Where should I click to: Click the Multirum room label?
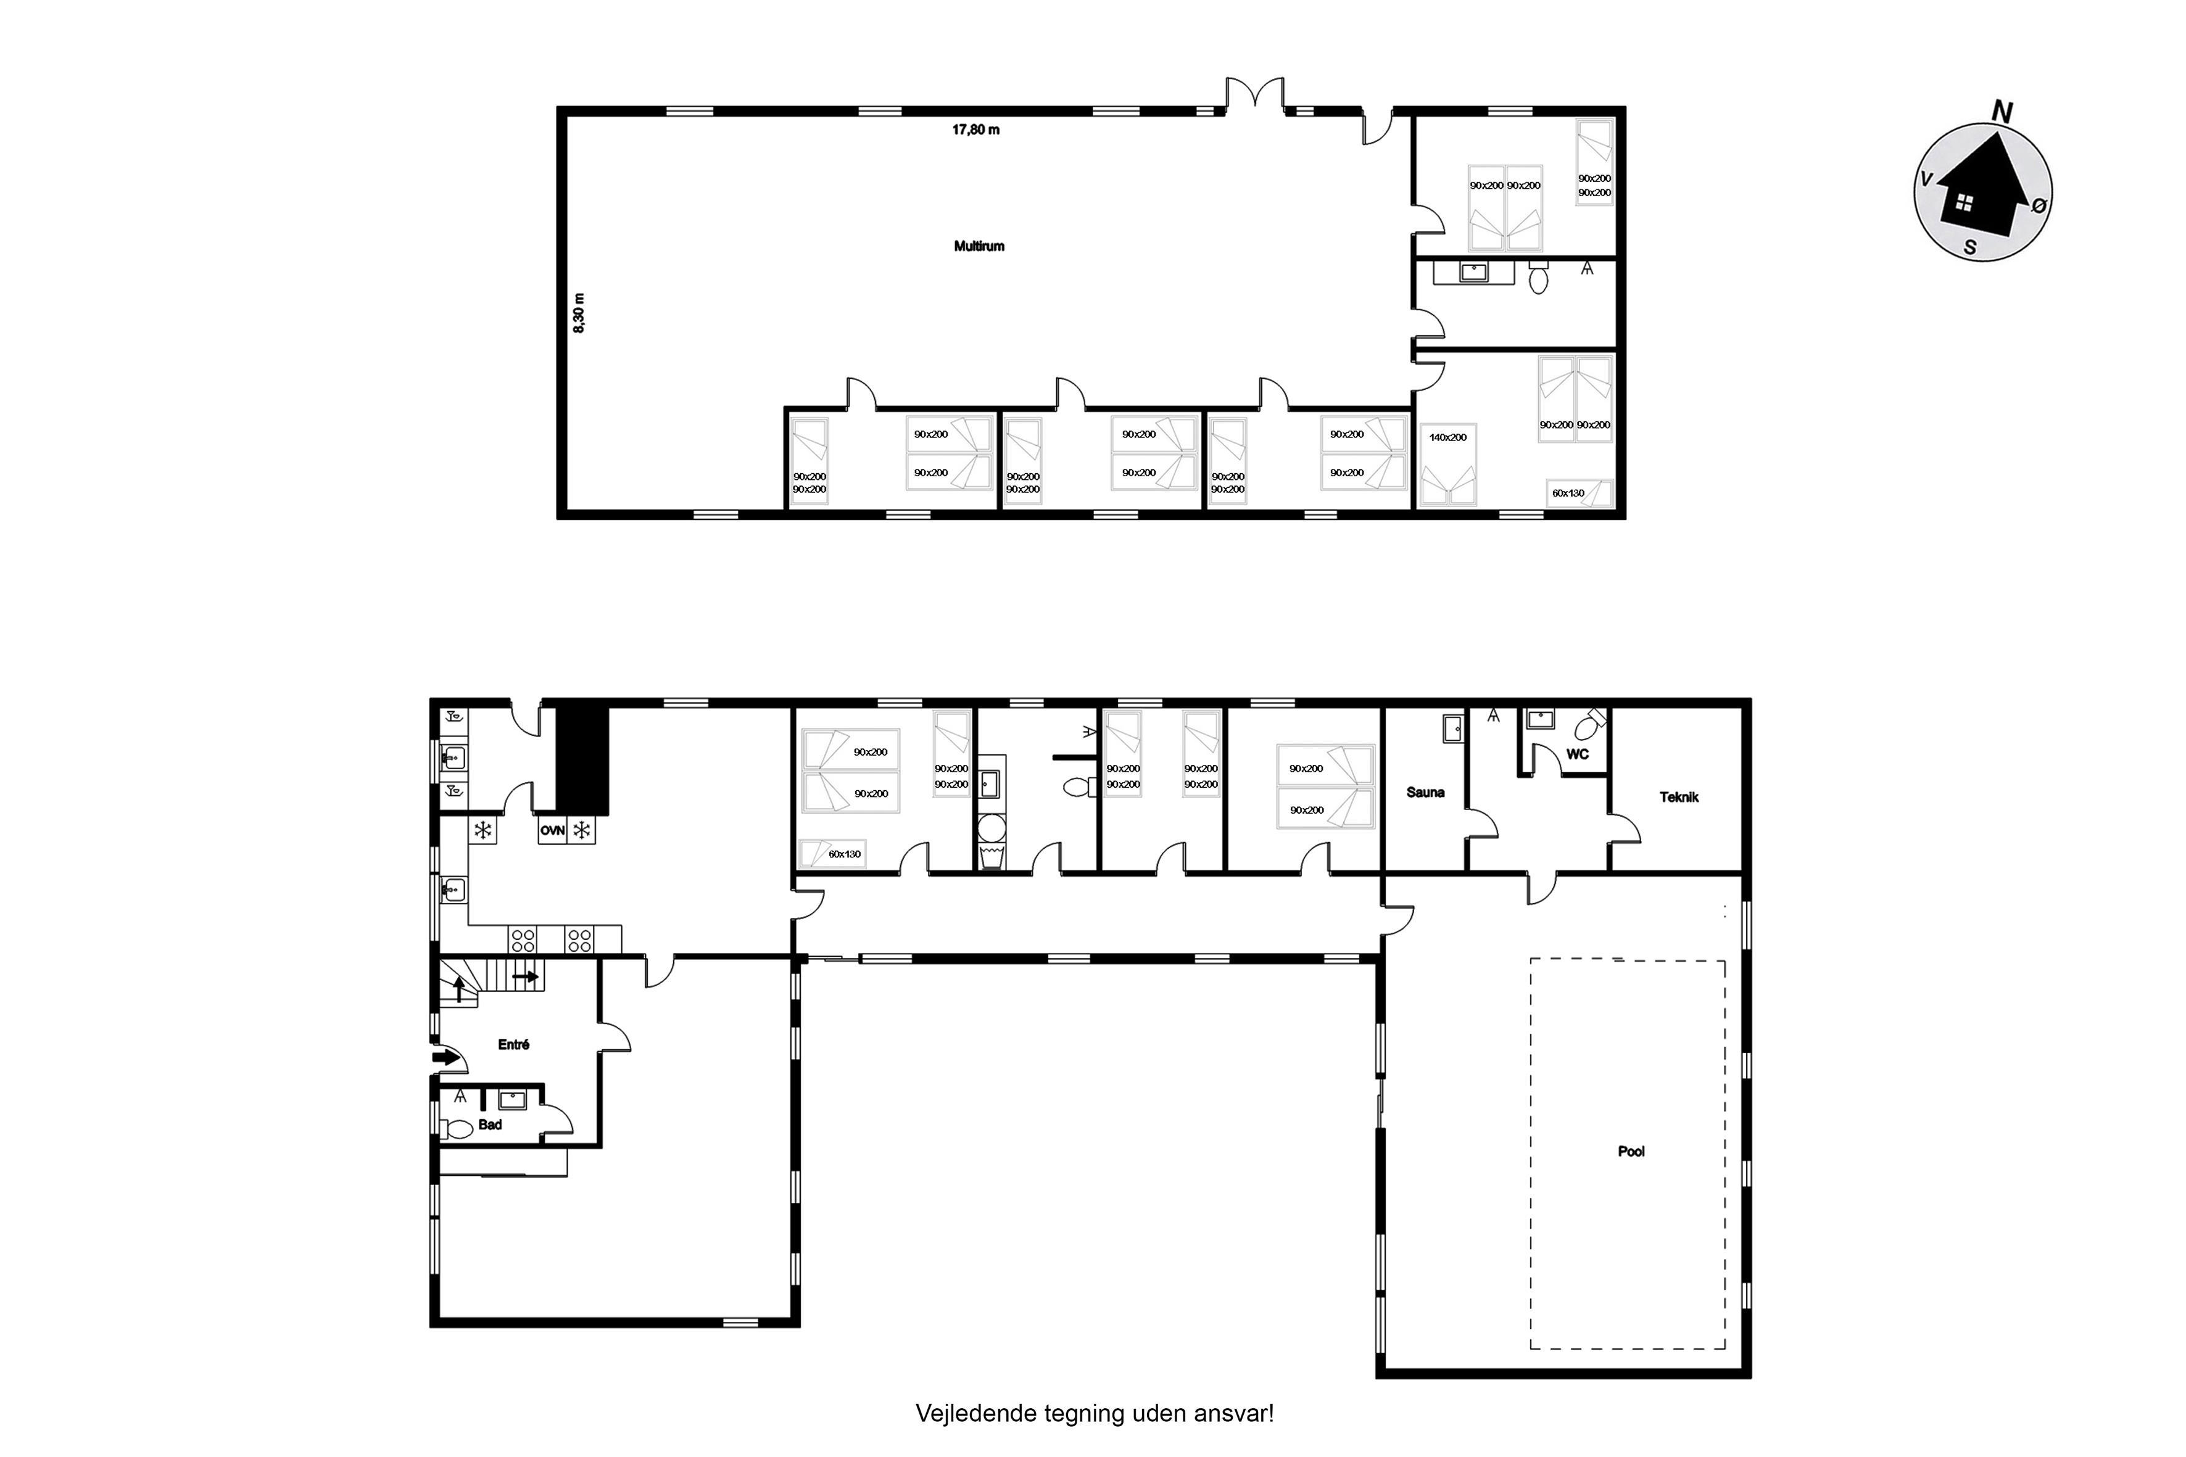[979, 246]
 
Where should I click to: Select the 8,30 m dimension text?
[579, 313]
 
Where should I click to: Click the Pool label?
[1631, 1151]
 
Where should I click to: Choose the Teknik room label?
[1679, 796]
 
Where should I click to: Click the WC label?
[1577, 754]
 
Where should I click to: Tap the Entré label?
[513, 1044]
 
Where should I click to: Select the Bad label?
[490, 1125]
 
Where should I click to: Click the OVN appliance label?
[552, 831]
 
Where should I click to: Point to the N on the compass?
[2002, 112]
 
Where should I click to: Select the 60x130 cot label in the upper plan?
[1568, 493]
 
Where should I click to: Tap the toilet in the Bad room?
[457, 1129]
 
